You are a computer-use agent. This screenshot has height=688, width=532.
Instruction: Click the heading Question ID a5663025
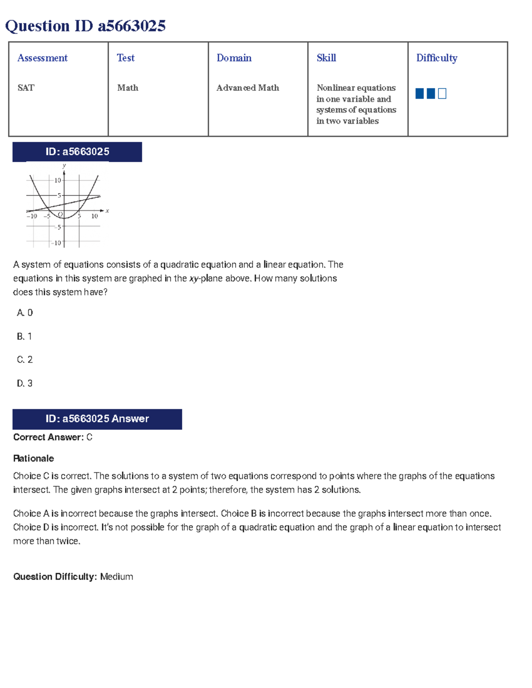(x=85, y=26)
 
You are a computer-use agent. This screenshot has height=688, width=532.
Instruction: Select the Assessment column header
(x=42, y=58)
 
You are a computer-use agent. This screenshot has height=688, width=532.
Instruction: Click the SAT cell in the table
(x=26, y=88)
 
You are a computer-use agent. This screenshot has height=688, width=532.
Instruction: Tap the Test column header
(x=125, y=58)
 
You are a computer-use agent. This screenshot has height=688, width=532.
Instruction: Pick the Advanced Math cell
(x=247, y=88)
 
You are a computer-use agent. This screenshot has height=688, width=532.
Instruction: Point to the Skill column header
(x=326, y=58)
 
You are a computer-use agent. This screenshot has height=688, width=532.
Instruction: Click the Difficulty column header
(x=436, y=58)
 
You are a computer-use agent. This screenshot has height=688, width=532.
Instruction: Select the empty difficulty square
(x=442, y=93)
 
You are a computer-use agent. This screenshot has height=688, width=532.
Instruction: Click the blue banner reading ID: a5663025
(x=77, y=152)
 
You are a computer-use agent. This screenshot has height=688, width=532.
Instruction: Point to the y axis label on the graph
(x=64, y=166)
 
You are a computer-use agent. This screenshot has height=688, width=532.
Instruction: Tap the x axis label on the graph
(x=107, y=211)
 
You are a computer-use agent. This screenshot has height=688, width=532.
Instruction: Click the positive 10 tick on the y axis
(x=58, y=180)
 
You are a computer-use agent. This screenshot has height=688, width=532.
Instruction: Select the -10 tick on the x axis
(x=31, y=216)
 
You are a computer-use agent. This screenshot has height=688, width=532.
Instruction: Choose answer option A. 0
(x=25, y=313)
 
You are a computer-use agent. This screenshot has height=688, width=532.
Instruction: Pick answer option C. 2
(x=25, y=360)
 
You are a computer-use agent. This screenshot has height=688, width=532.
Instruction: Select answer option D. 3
(x=25, y=383)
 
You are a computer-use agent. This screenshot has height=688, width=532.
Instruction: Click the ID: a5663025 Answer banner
(x=97, y=419)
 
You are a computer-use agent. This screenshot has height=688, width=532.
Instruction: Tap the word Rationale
(x=34, y=459)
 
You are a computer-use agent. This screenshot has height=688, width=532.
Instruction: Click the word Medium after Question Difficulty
(x=117, y=576)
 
